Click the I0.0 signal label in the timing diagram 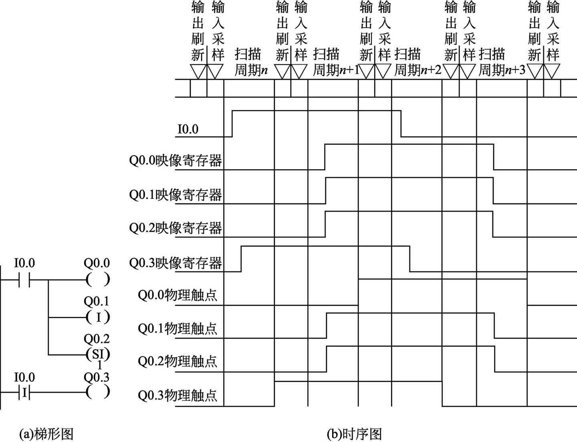click(188, 130)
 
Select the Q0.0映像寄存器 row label click(176, 160)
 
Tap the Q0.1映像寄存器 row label click(176, 195)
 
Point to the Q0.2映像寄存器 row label click(176, 228)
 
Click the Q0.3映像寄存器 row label click(176, 263)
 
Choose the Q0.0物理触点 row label click(178, 295)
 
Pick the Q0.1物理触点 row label click(178, 329)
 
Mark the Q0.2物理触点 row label click(178, 361)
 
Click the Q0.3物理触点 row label click(178, 395)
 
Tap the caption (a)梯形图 click(46, 434)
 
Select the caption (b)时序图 click(354, 434)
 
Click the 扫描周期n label click(251, 62)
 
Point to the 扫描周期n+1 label click(336, 62)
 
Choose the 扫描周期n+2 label click(418, 62)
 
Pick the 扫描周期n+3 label click(502, 62)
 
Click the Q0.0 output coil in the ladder click(97, 280)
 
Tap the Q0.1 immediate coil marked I click(97, 317)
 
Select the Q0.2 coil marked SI click(97, 355)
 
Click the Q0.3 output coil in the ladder click(97, 392)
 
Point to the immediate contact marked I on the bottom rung click(24, 393)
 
